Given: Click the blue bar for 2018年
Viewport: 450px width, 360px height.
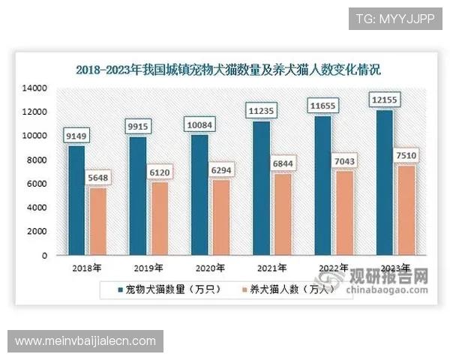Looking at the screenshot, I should tap(76, 200).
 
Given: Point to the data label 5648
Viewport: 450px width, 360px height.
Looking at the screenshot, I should tap(99, 178).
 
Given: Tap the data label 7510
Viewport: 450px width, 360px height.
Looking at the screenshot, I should tap(406, 155).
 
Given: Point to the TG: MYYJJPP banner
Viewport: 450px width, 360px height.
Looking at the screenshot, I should tap(395, 16).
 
